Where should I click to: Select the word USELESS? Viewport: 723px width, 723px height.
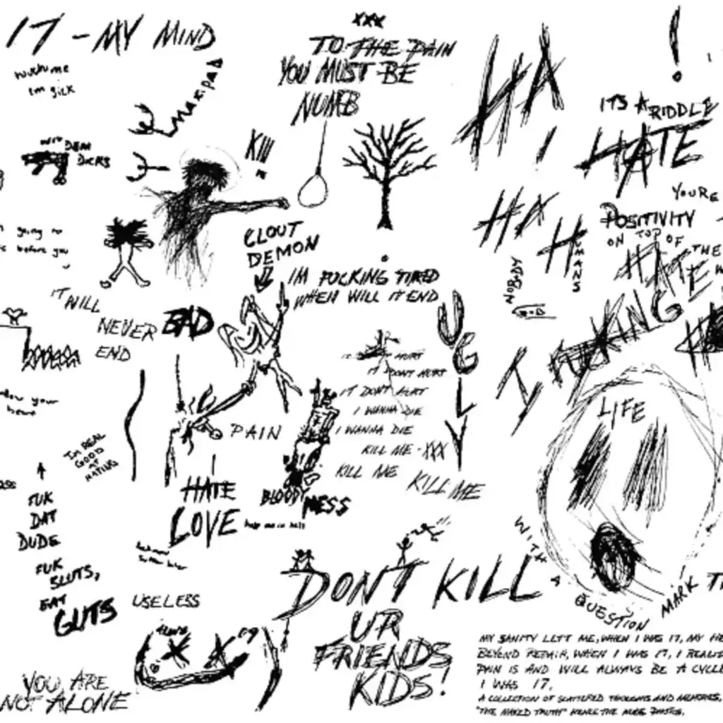[x=166, y=602]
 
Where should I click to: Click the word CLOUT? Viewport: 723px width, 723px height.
[x=274, y=236]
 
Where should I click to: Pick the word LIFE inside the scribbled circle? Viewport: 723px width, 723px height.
[x=621, y=410]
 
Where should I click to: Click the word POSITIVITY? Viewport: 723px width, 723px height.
[x=647, y=219]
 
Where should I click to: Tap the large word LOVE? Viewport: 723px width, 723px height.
[x=203, y=524]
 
